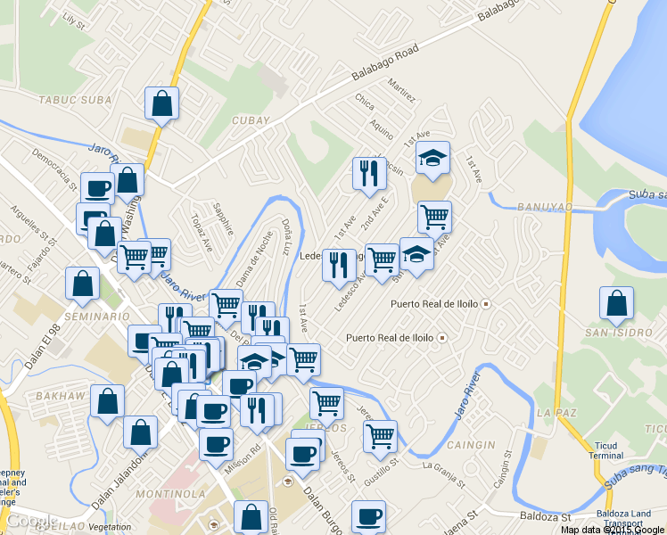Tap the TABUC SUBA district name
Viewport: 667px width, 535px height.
(69, 100)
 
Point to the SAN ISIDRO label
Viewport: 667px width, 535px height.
(611, 333)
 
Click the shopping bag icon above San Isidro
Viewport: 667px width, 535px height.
(616, 305)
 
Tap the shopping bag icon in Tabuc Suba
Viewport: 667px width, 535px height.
(162, 103)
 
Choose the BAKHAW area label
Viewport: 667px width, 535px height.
(57, 395)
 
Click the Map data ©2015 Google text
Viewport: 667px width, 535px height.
(612, 530)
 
